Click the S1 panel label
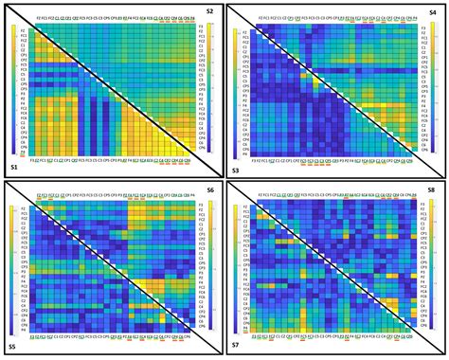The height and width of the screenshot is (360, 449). (13, 167)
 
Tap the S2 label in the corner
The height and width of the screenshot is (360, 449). (209, 10)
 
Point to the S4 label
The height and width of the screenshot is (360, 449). (435, 10)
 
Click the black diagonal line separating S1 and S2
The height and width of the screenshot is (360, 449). (112, 90)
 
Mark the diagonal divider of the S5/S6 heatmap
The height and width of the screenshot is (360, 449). (112, 269)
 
